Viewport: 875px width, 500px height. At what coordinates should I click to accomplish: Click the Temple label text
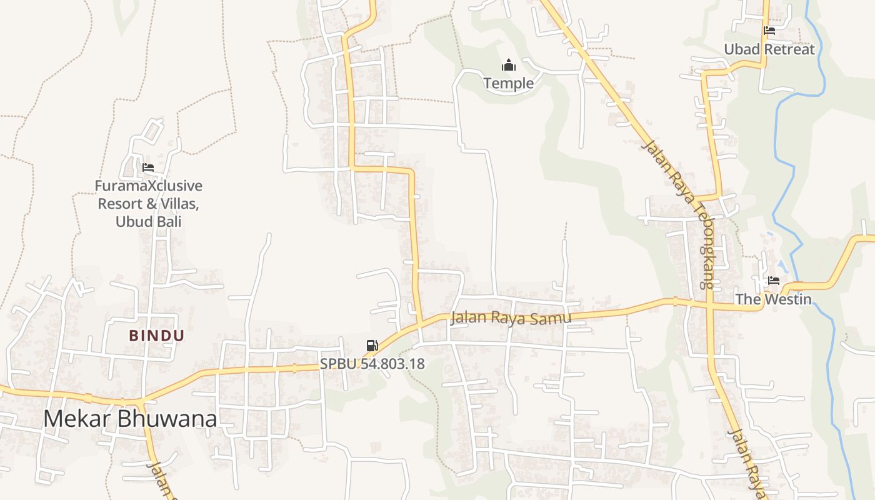point(508,83)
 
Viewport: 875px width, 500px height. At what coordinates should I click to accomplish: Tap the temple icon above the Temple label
point(509,65)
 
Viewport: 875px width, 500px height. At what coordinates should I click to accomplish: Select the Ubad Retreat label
point(769,49)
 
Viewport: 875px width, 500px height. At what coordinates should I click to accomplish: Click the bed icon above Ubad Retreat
point(769,30)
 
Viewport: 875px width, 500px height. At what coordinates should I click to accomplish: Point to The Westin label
point(773,299)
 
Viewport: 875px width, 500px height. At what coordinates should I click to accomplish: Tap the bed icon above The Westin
point(774,281)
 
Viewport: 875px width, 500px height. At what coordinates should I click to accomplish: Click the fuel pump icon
point(372,346)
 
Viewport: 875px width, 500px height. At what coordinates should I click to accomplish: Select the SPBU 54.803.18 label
point(372,364)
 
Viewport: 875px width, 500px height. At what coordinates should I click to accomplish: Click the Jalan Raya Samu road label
point(511,318)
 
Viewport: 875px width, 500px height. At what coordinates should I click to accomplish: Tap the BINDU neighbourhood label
point(157,336)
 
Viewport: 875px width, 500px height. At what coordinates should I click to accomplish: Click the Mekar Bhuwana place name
point(130,419)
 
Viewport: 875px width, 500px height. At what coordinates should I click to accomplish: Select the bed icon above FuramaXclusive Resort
point(148,167)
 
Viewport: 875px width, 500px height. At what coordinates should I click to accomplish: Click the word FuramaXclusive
point(149,186)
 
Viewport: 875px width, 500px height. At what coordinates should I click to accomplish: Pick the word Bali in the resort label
point(167,221)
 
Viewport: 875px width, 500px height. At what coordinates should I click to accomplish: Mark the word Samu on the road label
point(551,319)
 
